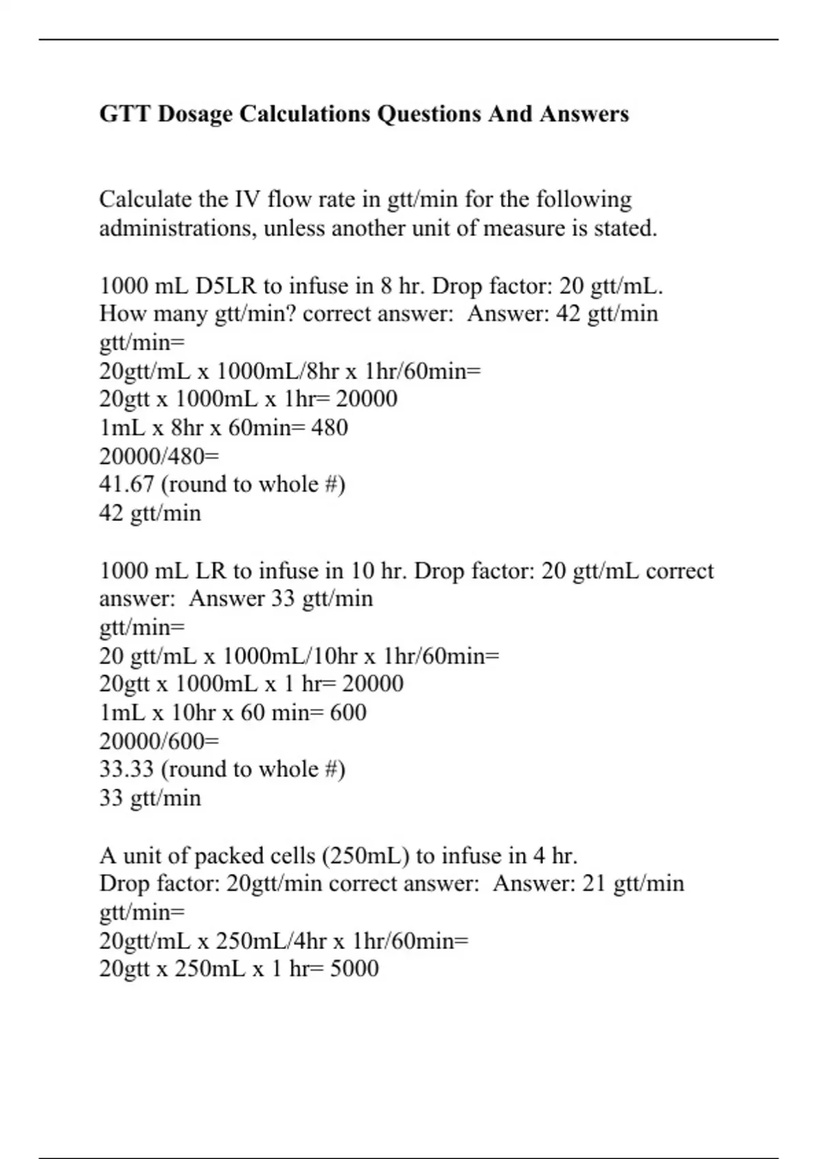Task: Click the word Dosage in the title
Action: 195,114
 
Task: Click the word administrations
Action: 179,228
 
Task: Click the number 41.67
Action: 126,485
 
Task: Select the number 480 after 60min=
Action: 329,428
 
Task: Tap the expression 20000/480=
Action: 150,456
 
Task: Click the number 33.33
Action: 126,770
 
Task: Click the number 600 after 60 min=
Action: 348,713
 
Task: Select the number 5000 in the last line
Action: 354,969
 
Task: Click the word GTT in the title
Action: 125,114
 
